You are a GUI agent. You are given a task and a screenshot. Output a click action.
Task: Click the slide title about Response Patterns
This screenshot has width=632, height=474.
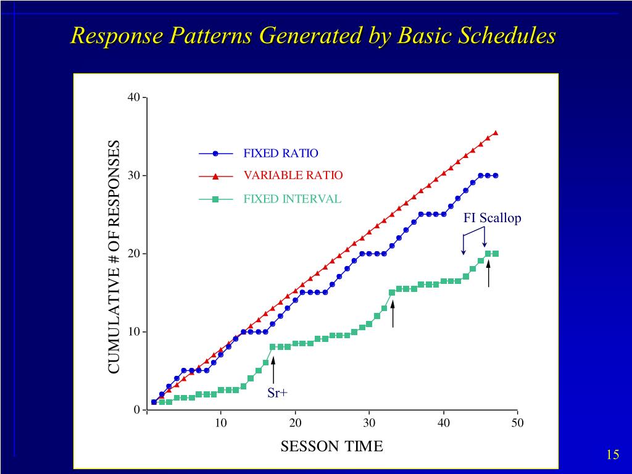(313, 35)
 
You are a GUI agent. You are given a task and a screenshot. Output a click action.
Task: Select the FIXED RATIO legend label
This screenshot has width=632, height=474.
(281, 153)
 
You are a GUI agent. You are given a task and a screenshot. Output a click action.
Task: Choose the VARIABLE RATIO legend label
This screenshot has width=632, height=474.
(293, 175)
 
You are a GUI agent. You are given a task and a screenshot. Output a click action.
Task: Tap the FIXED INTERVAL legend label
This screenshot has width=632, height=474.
(292, 199)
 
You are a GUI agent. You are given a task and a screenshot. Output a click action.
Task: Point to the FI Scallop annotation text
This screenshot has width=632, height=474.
(492, 218)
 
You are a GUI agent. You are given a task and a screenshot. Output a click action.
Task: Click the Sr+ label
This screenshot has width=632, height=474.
(278, 393)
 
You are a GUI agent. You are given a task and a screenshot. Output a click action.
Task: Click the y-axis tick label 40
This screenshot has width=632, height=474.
(134, 98)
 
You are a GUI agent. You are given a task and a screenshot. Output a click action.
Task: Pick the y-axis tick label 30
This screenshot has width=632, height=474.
(134, 176)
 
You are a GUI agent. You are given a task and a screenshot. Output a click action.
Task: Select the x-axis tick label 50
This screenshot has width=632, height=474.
(517, 423)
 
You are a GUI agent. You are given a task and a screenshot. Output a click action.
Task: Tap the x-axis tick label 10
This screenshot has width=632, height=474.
(221, 423)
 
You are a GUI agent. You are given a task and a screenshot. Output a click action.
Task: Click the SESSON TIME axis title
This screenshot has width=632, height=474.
(331, 446)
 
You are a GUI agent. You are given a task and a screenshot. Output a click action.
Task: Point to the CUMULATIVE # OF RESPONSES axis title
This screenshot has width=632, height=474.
(114, 257)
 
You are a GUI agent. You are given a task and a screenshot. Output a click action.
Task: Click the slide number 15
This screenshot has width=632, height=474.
(612, 455)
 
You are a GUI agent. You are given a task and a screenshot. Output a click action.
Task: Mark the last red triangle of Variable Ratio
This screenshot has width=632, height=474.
(495, 132)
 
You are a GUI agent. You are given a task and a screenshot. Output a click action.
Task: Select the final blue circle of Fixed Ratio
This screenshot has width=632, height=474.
(495, 175)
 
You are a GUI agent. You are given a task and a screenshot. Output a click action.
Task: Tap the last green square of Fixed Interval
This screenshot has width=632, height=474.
(495, 254)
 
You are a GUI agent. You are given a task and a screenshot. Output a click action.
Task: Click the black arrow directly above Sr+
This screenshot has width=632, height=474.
(273, 369)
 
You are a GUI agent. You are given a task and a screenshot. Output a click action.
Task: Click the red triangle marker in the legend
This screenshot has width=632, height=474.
(215, 176)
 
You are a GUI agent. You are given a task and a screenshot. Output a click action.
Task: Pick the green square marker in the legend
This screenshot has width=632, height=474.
(215, 199)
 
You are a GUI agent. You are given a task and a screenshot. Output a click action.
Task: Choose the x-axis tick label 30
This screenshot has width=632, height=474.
(369, 423)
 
